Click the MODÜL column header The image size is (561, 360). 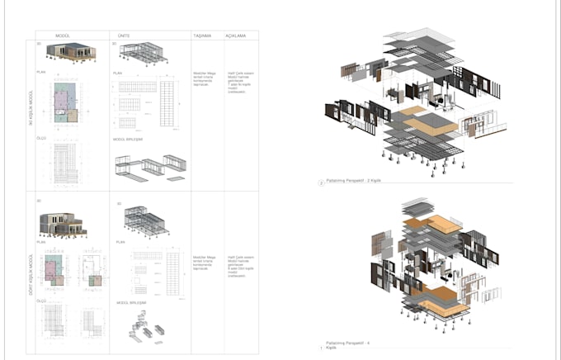click(x=62, y=36)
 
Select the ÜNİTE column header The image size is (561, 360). click(x=124, y=36)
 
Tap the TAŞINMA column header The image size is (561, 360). click(x=203, y=36)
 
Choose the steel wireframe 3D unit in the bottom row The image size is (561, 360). click(x=148, y=220)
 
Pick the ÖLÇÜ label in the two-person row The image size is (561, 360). click(x=42, y=138)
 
